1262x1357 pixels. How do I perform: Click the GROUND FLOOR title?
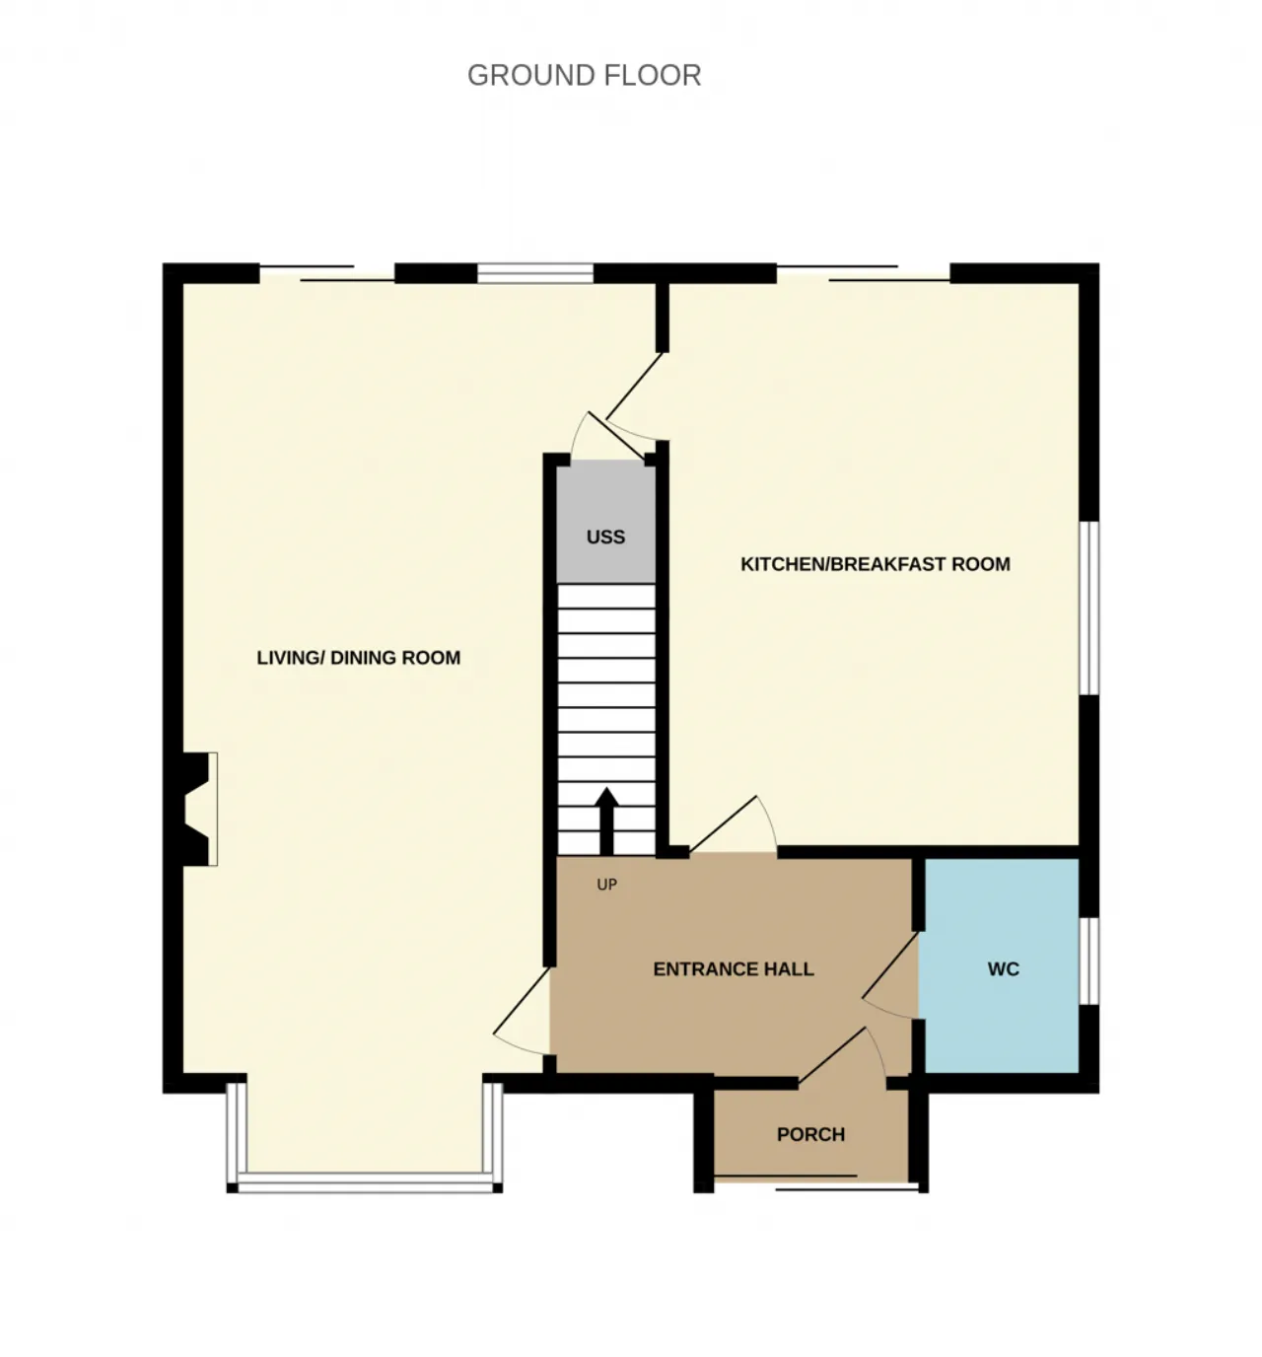[x=585, y=75]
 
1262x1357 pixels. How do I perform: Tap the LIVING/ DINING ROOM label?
[x=359, y=658]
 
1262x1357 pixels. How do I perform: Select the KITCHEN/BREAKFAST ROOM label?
[x=876, y=564]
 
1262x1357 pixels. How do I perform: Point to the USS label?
[x=605, y=536]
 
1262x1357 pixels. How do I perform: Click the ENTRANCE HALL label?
[x=734, y=968]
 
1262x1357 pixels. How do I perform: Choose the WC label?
[x=1003, y=968]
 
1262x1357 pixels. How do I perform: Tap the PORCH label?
[x=810, y=1133]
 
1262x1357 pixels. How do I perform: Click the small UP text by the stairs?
[x=606, y=885]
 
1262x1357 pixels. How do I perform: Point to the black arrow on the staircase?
[x=606, y=821]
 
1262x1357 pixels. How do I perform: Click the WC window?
[x=1088, y=961]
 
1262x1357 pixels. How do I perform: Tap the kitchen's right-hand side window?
[x=1088, y=608]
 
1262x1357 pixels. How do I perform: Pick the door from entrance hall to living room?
[x=522, y=1011]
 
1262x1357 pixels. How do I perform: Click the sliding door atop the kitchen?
[x=863, y=272]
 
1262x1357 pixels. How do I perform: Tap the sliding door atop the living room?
[x=327, y=272]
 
